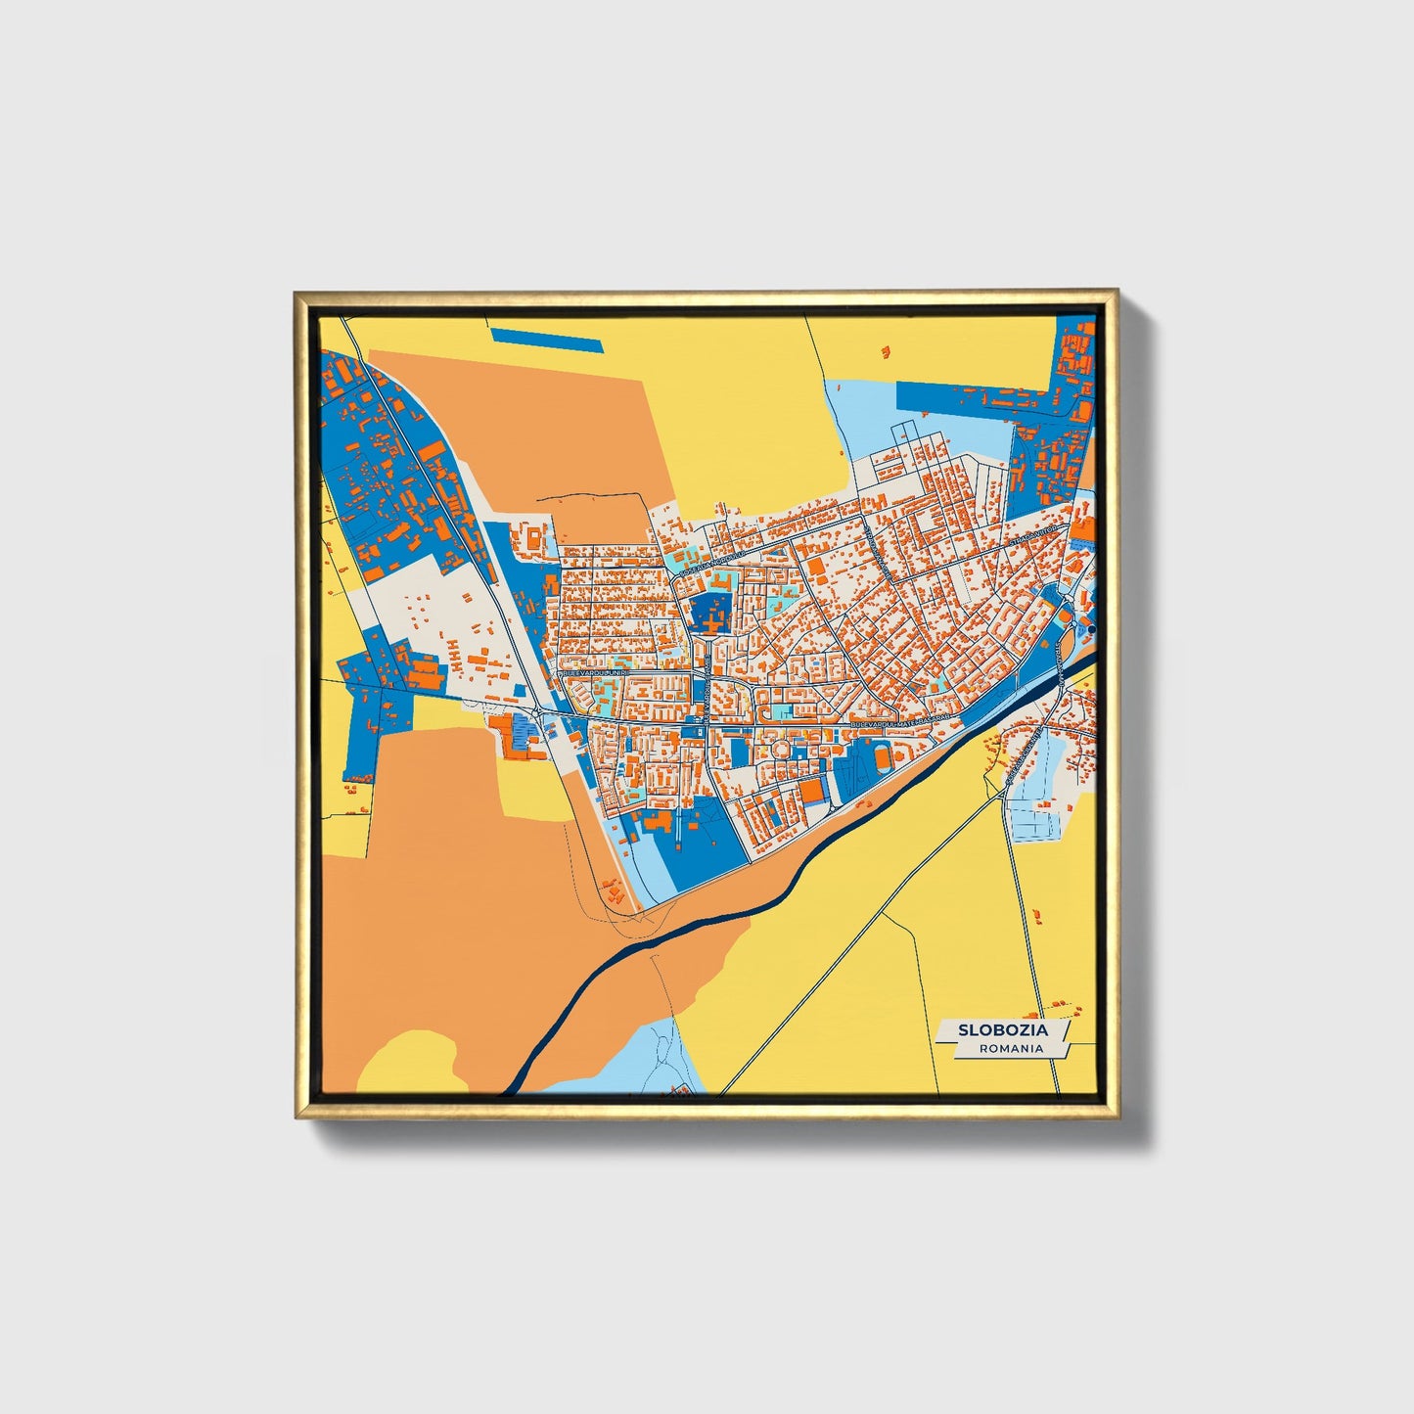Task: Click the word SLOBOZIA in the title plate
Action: (1002, 1029)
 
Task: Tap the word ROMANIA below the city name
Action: (1010, 1048)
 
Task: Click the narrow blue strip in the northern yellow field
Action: (546, 340)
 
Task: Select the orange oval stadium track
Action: (885, 757)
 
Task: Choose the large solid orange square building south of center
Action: (812, 790)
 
